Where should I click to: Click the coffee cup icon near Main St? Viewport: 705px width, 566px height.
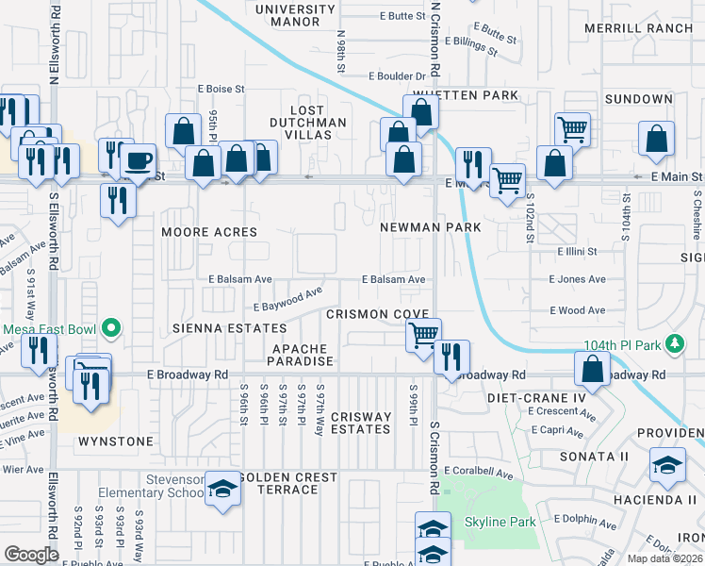[x=139, y=159]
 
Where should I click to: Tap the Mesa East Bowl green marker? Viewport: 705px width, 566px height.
[x=111, y=329]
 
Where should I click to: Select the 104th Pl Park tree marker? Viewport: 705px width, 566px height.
[x=675, y=341]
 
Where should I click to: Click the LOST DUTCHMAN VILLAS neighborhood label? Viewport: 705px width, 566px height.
[x=301, y=123]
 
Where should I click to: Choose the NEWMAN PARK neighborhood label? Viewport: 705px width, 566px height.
[x=431, y=227]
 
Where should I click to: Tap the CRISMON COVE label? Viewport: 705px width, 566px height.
[x=377, y=314]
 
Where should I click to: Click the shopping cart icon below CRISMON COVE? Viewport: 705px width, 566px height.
[x=423, y=334]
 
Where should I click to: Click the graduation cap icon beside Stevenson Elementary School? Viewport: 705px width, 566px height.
[x=222, y=489]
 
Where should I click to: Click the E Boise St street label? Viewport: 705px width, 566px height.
[x=221, y=89]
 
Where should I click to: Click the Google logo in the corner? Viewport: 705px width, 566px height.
[x=32, y=554]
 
